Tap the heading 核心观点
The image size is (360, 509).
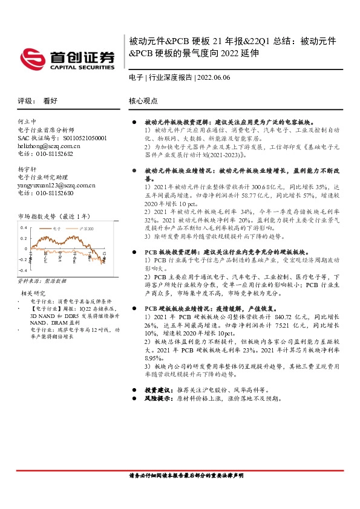tap(143, 102)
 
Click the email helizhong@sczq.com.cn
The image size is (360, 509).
tap(50, 146)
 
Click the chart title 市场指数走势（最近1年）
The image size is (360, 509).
tap(54, 216)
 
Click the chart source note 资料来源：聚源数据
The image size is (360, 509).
tap(42, 282)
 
